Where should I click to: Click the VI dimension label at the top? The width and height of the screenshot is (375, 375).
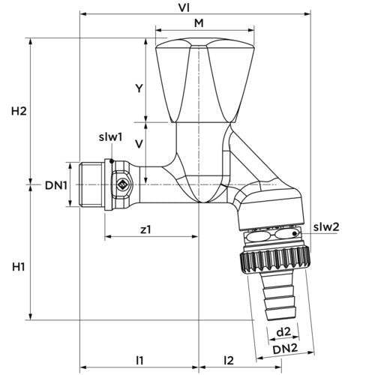coord(184,8)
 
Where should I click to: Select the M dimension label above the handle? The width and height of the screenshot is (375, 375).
coord(199,23)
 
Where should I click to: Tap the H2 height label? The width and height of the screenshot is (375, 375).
coord(19,111)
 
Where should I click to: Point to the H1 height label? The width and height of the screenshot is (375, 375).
coord(19,267)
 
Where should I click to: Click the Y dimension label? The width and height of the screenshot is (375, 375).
coord(139,88)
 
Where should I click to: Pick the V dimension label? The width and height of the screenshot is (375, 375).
coord(139,144)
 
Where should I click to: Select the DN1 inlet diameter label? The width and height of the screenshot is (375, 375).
coord(56,185)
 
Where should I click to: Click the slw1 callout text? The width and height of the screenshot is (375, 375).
coord(110,137)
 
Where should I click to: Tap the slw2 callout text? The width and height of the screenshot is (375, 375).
coord(326,226)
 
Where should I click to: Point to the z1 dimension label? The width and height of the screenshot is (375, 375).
coord(145,229)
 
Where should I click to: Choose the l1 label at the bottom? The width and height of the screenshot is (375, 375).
coord(139,360)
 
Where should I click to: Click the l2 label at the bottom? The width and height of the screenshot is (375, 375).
coord(229,360)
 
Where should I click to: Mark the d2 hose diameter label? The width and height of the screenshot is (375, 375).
coord(283,332)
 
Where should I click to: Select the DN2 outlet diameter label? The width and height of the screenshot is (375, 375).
coord(285,349)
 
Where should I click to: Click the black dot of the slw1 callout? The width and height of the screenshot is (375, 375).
coord(112,161)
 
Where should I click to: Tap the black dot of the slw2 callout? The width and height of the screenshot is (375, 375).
coord(295,233)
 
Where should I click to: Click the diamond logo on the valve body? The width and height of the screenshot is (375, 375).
coord(122,184)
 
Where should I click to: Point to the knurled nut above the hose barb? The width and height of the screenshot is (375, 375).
coord(275,260)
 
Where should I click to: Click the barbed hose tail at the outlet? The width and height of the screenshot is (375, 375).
coord(278,297)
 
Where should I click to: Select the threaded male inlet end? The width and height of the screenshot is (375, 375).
coord(91,184)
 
